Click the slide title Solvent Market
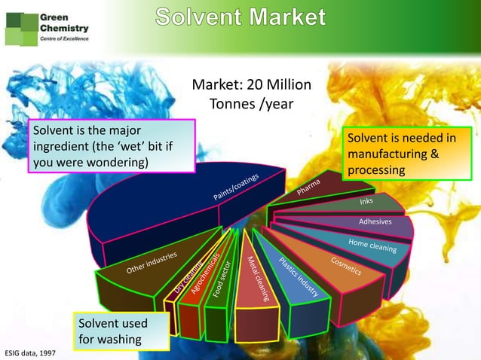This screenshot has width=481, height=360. coord(241,17)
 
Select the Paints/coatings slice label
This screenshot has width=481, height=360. coord(235,188)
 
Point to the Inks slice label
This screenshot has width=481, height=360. coord(366,202)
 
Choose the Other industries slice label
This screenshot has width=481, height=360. coord(151,264)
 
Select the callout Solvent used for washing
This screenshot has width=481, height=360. coord(113,331)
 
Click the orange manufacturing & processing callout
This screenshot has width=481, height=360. coord(400,154)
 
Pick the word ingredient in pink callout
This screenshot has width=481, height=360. coord(60,146)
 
